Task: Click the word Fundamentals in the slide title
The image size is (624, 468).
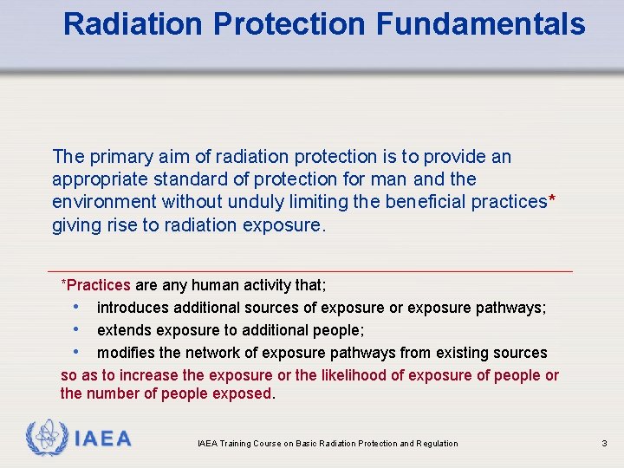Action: (x=481, y=24)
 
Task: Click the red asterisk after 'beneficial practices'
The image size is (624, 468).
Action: (x=552, y=200)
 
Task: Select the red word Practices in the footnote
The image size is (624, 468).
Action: (x=99, y=285)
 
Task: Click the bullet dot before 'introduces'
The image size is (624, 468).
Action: (x=78, y=308)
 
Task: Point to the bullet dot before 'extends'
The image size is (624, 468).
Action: (x=78, y=330)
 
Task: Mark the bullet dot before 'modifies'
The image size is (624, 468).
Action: (x=78, y=353)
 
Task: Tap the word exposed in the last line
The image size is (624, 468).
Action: (x=246, y=394)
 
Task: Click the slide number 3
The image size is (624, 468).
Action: (x=604, y=444)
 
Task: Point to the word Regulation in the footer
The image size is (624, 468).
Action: (x=436, y=444)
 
